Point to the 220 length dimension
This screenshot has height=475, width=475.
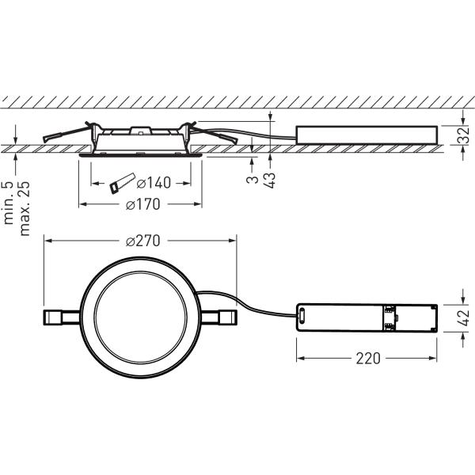367,358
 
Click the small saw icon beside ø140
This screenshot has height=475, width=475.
118,184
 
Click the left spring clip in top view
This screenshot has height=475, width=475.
60,317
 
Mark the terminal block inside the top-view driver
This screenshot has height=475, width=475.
389,317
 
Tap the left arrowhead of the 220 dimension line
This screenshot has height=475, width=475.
300,358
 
